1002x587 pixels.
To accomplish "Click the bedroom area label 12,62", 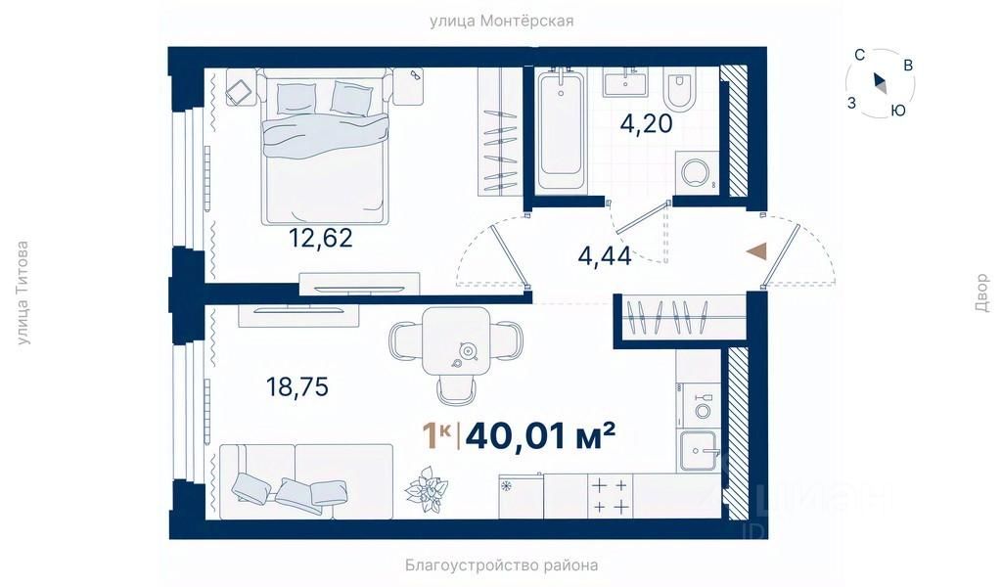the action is point(320,239).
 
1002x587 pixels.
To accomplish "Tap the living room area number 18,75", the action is point(297,386).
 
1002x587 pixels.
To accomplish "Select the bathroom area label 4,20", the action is point(646,123).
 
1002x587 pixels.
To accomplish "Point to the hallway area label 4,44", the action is point(605,256).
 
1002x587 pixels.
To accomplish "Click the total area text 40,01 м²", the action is point(540,436).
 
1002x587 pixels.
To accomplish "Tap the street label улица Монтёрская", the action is point(501,22).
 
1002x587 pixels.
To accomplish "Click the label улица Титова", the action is point(23,293).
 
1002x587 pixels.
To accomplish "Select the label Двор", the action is point(981,293).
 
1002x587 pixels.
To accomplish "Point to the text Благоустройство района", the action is point(502,564).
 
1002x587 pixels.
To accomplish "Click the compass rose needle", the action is point(880,83).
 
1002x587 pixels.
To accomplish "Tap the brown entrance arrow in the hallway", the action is point(755,251).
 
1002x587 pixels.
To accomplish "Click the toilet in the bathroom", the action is point(679,91).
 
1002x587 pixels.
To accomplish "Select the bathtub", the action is point(561,130).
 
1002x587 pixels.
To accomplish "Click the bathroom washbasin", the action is point(625,82).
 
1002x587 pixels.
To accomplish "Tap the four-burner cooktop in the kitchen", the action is point(610,496).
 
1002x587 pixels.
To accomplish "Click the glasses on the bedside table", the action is point(415,75).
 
